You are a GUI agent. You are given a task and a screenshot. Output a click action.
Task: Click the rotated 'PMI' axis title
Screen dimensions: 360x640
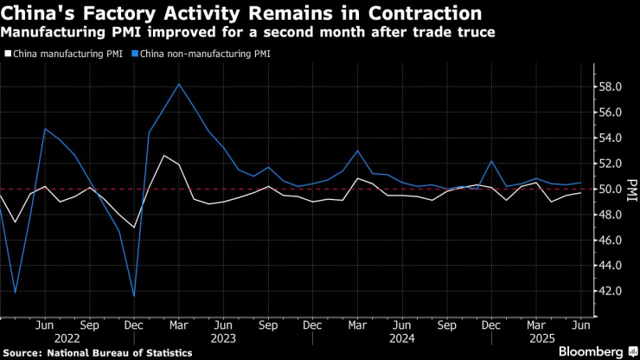click(630, 189)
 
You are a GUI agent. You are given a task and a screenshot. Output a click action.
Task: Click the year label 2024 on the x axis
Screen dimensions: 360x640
click(402, 338)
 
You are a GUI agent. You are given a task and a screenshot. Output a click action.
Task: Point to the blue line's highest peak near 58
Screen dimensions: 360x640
click(178, 84)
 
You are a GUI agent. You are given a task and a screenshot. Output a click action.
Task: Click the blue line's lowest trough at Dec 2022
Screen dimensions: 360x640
click(133, 296)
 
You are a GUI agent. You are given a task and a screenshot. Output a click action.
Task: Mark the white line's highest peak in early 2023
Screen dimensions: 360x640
click(163, 156)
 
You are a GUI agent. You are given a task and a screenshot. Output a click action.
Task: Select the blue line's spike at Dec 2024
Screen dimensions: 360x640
click(491, 161)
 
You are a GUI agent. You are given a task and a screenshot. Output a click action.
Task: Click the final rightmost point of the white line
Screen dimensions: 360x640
click(580, 192)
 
